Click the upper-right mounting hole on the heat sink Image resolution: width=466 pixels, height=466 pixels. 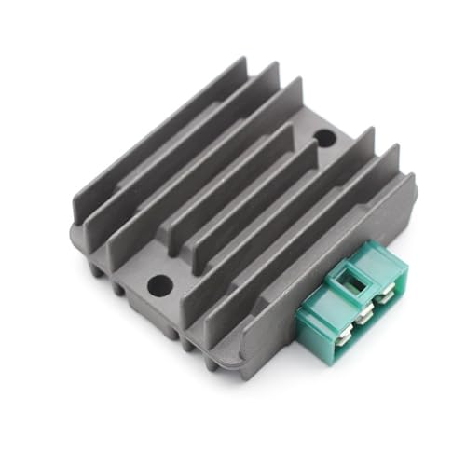(x=323, y=138)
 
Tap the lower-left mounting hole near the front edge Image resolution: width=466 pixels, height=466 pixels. (x=159, y=281)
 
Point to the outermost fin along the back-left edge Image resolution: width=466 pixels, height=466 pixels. (x=154, y=140)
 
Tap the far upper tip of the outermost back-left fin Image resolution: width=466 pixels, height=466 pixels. (x=244, y=60)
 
